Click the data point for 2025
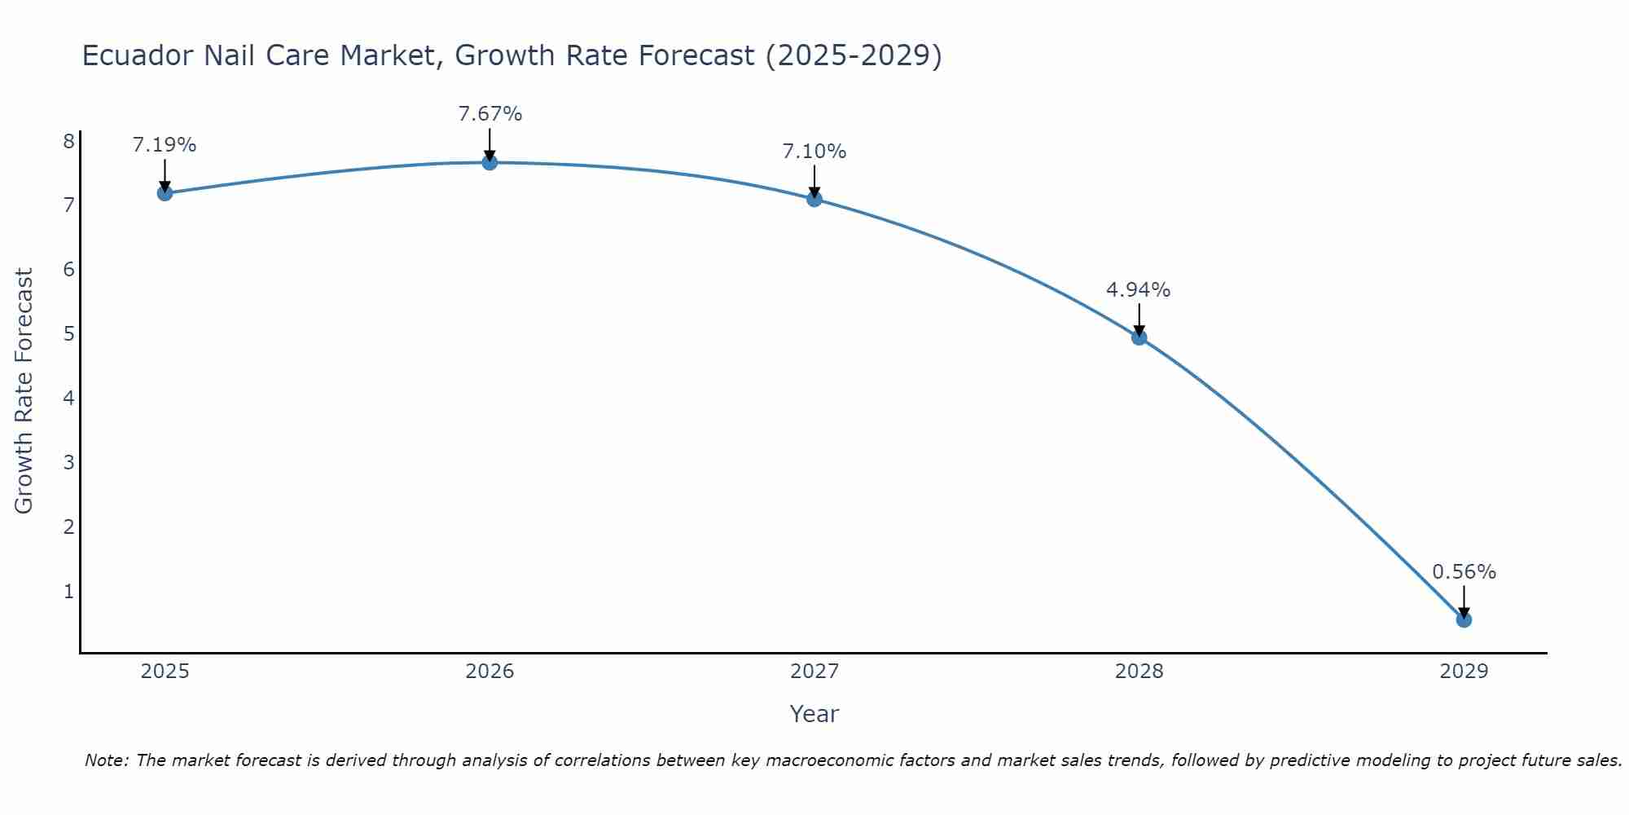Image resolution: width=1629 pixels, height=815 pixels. point(165,193)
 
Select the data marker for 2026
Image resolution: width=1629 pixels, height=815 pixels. point(490,162)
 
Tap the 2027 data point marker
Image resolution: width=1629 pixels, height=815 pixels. point(814,199)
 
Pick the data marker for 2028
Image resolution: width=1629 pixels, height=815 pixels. point(1139,337)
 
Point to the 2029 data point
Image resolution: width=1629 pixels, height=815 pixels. point(1464,620)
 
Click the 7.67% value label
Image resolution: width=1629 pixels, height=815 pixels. point(490,114)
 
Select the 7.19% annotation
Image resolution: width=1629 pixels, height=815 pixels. point(165,145)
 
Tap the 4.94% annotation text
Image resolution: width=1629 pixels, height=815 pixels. point(1138,290)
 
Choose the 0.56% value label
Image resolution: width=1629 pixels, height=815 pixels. point(1464,572)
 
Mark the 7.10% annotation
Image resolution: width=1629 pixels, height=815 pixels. point(814,152)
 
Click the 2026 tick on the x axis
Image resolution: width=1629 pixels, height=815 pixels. point(490,672)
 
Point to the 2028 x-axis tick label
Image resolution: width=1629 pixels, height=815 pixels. point(1139,672)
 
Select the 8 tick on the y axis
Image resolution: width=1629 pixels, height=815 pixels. point(68,142)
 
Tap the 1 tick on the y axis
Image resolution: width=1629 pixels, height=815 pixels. point(68,592)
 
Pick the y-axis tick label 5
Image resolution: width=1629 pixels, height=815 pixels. point(68,334)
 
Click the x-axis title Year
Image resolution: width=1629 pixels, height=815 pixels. point(814,714)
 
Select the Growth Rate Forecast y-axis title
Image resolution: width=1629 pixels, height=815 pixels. point(24,391)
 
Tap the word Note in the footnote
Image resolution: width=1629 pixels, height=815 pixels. point(105,760)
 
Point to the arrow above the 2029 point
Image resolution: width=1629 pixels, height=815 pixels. point(1464,601)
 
